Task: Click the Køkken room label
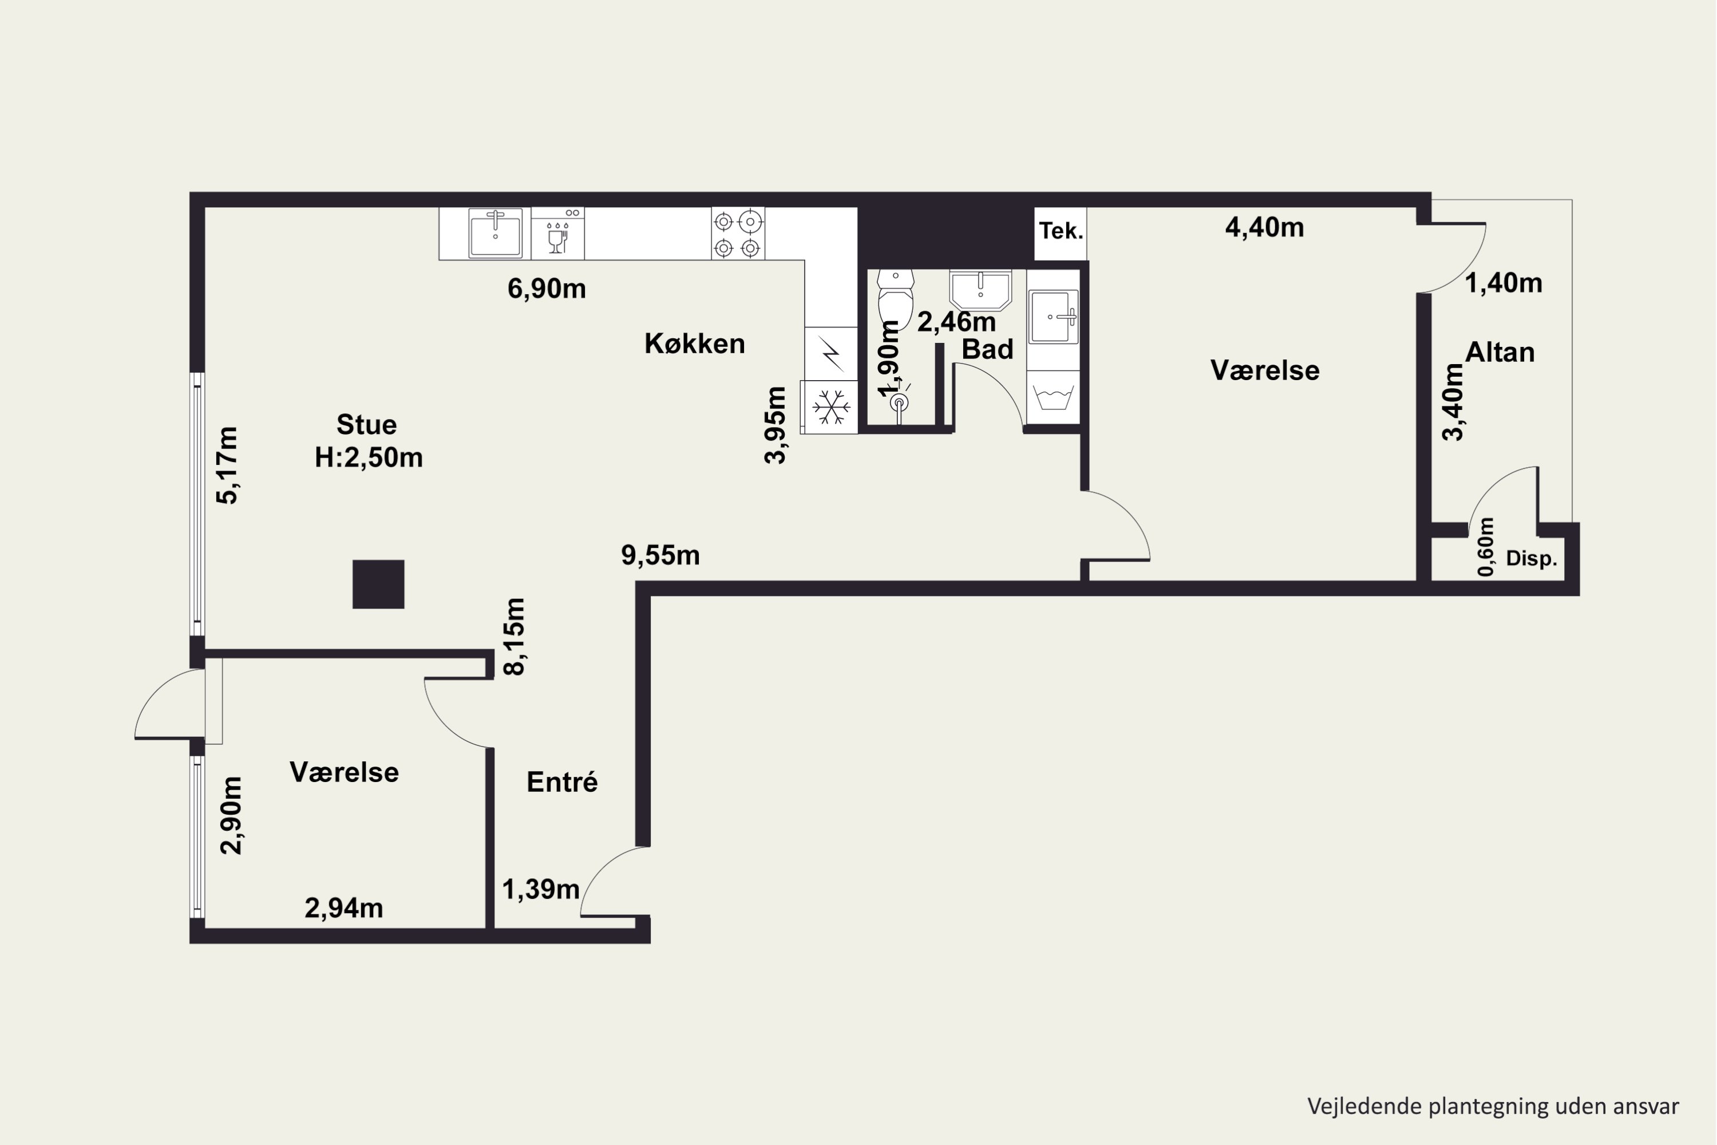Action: tap(694, 343)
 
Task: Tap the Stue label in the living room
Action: tap(366, 424)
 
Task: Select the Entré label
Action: tap(562, 782)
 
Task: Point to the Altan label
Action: tap(1500, 352)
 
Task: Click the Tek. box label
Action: tap(1061, 231)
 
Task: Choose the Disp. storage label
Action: tap(1532, 559)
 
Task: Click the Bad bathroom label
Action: tap(987, 349)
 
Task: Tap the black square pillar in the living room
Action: tap(378, 584)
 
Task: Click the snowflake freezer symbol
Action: tap(831, 406)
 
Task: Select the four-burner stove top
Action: tap(738, 234)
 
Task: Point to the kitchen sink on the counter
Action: tap(496, 234)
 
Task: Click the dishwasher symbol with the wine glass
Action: tap(557, 234)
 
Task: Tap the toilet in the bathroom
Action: tap(896, 299)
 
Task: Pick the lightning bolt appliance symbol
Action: tap(832, 353)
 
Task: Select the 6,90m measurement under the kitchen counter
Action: tap(547, 289)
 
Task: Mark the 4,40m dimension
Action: tap(1264, 228)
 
